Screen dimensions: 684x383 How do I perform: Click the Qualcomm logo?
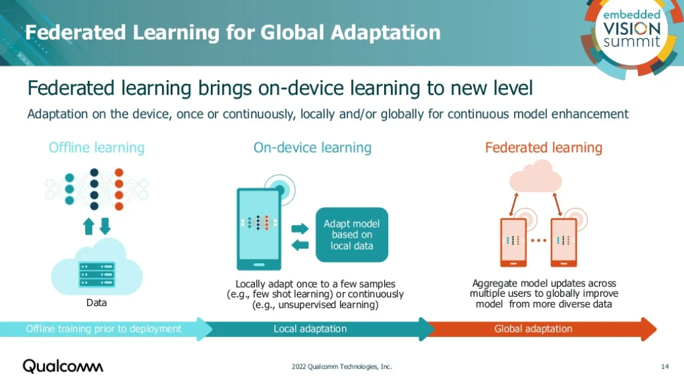(63, 367)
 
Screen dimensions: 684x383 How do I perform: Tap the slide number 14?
(665, 367)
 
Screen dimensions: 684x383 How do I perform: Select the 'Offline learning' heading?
(96, 147)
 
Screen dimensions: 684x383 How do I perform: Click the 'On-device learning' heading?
(312, 147)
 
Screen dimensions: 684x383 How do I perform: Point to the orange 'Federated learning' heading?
(544, 147)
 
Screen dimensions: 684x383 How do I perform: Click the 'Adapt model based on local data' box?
(352, 235)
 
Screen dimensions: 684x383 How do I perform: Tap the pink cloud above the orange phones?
(536, 176)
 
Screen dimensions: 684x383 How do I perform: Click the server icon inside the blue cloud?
(97, 274)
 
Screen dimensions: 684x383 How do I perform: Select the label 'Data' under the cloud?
(96, 303)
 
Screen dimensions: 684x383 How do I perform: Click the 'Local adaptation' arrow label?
(310, 329)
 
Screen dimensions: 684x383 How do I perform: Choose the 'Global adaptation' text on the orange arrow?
(533, 329)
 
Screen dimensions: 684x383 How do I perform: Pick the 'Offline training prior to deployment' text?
(103, 329)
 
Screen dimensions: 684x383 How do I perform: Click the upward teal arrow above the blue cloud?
(88, 226)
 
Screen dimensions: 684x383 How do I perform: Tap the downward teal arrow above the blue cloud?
(105, 226)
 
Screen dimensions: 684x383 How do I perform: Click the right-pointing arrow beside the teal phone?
(300, 228)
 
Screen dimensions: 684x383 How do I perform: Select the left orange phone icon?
(513, 242)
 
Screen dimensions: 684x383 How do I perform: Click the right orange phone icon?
(563, 242)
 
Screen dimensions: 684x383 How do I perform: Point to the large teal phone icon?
(259, 229)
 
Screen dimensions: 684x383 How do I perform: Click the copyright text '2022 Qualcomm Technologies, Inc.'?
(341, 367)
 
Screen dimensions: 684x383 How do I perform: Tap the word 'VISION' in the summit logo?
(632, 29)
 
